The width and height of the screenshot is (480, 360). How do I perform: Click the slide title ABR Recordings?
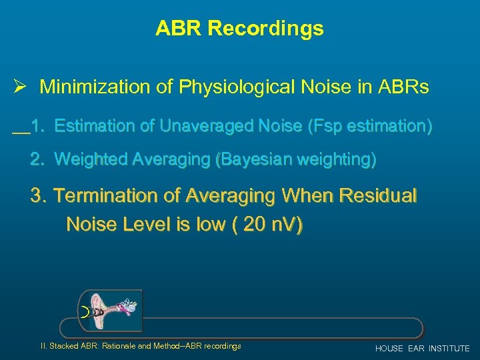(239, 29)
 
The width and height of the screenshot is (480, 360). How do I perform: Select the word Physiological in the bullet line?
(234, 87)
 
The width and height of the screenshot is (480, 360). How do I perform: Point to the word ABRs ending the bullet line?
(405, 87)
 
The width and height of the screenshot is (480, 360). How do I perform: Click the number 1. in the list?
(39, 125)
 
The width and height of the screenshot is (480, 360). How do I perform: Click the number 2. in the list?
(39, 159)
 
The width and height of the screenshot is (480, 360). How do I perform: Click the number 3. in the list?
(39, 196)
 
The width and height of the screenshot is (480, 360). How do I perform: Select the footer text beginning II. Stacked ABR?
(141, 346)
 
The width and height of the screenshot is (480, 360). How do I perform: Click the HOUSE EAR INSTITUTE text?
(422, 349)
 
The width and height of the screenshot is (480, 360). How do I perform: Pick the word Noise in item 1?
(273, 125)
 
